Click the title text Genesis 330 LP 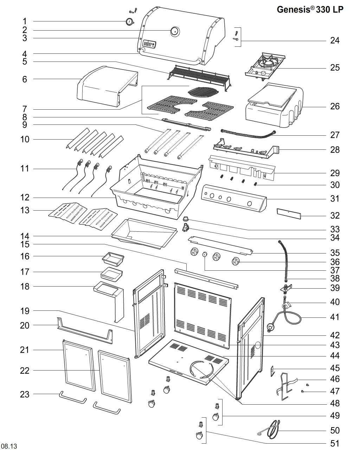310,9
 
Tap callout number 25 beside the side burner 335,67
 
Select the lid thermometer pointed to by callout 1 129,22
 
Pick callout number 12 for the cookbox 24,198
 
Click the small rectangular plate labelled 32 288,213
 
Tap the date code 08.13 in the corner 9,446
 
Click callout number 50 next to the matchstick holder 335,430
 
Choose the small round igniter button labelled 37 204,254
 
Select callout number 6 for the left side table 24,79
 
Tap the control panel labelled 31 234,199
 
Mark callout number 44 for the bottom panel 335,356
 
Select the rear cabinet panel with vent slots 202,313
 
